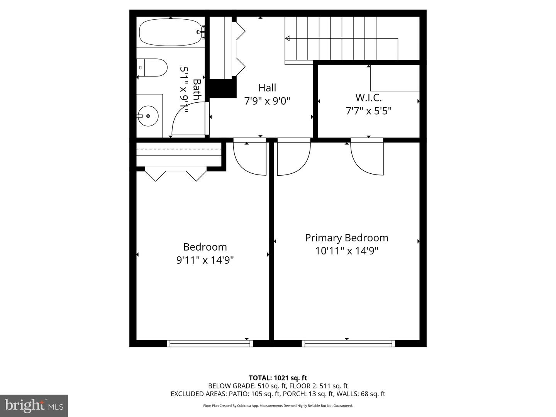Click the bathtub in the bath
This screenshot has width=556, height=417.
click(170, 32)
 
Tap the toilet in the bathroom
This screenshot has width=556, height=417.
click(153, 68)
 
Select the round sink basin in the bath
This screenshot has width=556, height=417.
click(148, 115)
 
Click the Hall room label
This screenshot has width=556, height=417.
click(267, 88)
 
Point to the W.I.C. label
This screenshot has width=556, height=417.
click(368, 97)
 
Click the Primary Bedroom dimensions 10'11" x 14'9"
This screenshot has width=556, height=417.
click(346, 251)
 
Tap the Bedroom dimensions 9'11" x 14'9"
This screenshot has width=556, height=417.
click(205, 260)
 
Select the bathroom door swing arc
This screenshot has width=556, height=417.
click(185, 120)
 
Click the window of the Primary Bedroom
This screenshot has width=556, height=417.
click(348, 343)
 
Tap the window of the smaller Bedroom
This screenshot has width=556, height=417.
click(210, 343)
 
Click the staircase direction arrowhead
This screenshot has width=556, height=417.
click(287, 38)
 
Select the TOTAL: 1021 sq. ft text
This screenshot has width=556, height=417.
click(278, 378)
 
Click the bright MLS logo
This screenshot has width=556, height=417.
click(34, 405)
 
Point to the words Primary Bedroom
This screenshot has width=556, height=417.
click(346, 238)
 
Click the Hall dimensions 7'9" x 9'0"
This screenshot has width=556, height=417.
click(267, 101)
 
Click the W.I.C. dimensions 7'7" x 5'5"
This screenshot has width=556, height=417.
click(368, 111)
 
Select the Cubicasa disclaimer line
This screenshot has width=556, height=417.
click(278, 406)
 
